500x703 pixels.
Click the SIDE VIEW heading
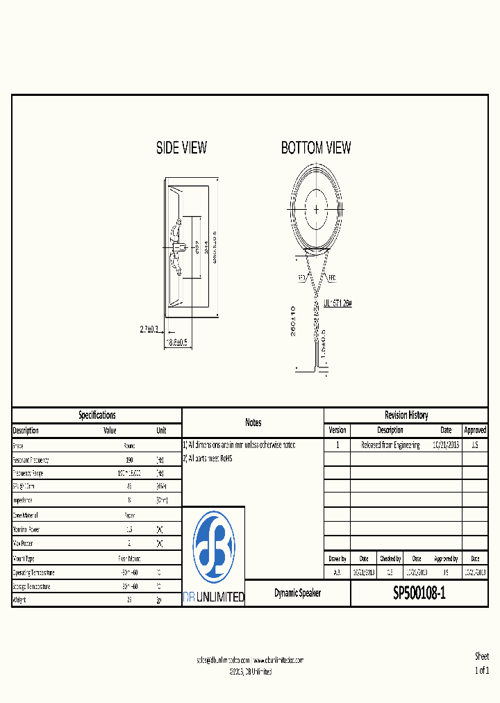[x=181, y=148]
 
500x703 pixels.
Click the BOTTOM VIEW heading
[x=316, y=148]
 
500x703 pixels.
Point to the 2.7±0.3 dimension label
[x=149, y=329]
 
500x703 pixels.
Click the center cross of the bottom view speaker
[x=317, y=208]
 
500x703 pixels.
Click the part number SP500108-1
[x=419, y=594]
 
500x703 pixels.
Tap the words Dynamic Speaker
[x=297, y=594]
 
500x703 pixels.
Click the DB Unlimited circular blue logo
[x=213, y=547]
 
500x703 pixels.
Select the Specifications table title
[x=97, y=415]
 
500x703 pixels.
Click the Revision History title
[x=406, y=415]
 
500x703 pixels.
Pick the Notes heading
[x=253, y=422]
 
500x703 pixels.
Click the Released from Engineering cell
[x=390, y=445]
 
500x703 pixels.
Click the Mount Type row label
[x=24, y=559]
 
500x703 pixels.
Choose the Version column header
[x=337, y=430]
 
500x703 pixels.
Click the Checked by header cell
[x=390, y=559]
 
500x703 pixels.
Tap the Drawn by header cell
[x=337, y=559]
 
